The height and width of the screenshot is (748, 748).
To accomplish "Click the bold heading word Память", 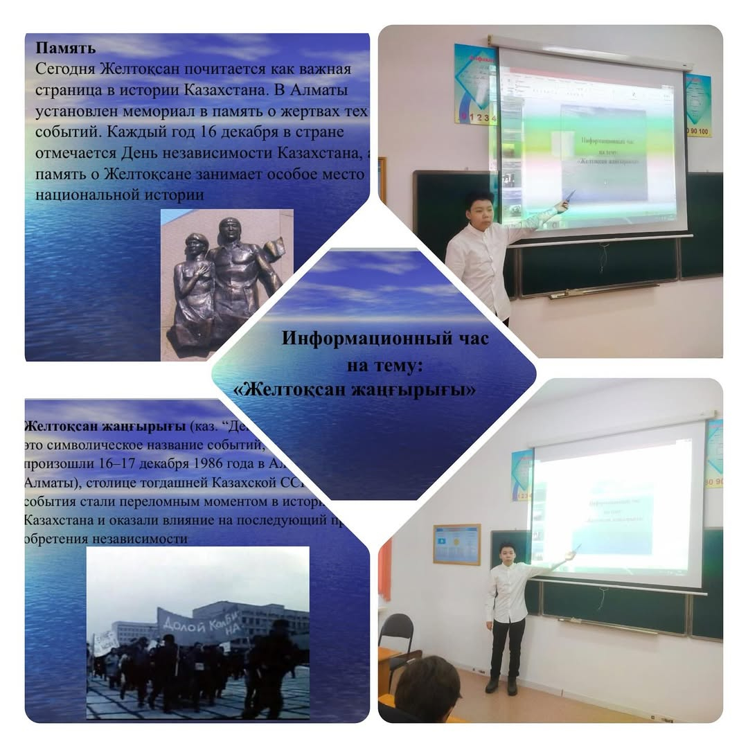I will [x=65, y=49].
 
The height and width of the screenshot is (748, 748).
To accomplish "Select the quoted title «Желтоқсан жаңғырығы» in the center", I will [x=355, y=390].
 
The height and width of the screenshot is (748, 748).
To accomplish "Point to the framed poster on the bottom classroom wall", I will [x=456, y=544].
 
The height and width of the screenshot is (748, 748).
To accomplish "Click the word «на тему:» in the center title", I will [x=389, y=364].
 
